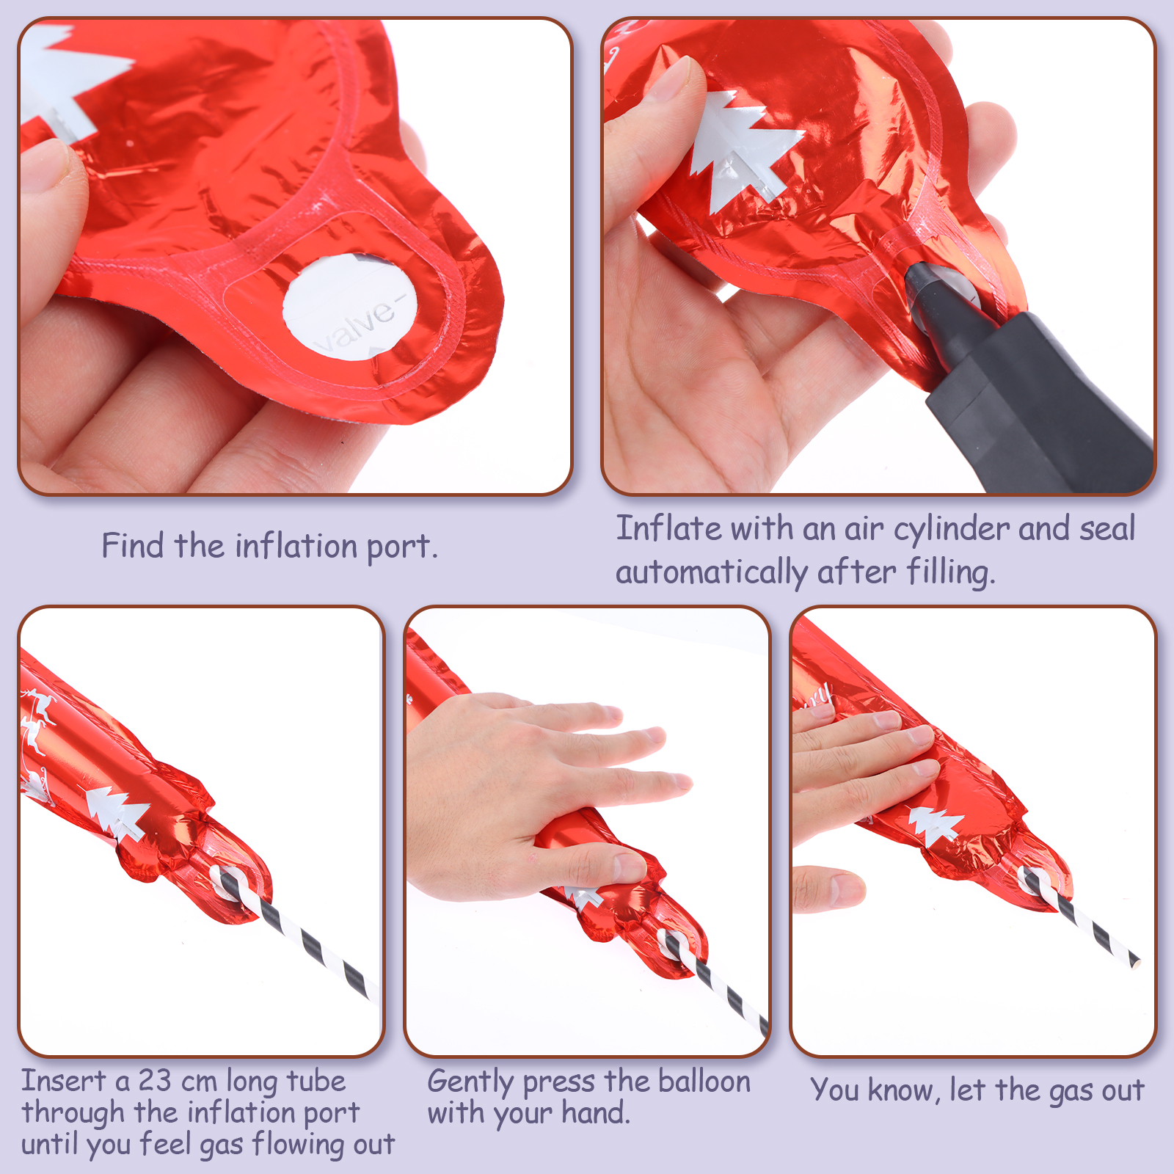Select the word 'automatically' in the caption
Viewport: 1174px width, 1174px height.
point(711,572)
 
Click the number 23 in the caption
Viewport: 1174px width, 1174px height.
point(156,1081)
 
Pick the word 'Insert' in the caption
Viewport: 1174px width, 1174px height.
point(64,1081)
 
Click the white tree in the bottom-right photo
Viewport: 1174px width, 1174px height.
point(935,825)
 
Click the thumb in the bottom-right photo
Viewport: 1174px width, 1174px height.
point(829,889)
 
